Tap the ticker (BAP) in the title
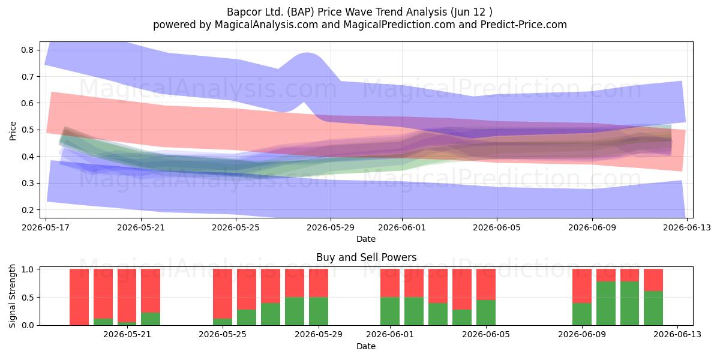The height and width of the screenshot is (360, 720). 301,12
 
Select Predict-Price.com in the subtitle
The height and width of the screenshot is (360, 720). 524,25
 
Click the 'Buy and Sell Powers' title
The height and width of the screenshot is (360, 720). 366,257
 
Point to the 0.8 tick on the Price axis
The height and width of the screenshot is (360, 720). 28,50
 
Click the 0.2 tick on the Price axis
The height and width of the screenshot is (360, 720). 28,210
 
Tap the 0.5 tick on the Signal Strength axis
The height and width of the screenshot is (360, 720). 28,298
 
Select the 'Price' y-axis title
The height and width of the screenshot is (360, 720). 13,131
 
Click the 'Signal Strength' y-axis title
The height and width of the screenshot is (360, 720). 12,296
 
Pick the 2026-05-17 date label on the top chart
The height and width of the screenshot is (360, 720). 46,227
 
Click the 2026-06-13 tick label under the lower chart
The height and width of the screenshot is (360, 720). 677,335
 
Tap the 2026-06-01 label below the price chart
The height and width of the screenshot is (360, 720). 402,227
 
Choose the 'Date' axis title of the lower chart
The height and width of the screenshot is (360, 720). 366,346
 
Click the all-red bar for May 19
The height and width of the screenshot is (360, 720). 79,297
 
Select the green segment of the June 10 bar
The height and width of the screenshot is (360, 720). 606,303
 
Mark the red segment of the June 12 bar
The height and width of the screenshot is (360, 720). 653,280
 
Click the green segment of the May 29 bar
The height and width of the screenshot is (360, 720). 319,311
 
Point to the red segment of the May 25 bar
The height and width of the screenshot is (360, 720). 223,294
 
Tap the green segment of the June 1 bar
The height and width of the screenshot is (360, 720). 390,311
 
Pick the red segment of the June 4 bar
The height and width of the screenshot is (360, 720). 462,289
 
